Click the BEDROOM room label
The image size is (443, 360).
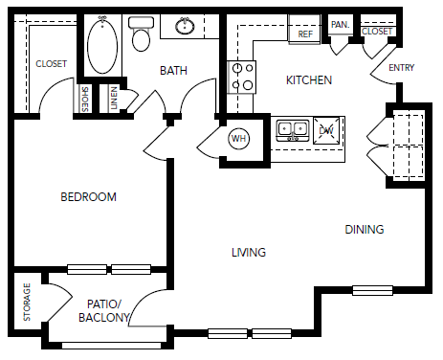point(88,197)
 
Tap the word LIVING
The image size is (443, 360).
point(249,253)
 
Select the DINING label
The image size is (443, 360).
point(365,230)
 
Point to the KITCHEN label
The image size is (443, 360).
point(309,80)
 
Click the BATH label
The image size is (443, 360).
point(173,71)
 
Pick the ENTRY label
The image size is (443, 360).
point(402,68)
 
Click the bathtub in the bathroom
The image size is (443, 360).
point(102,45)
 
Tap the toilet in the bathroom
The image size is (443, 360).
point(141,34)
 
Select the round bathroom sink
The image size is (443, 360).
point(185,26)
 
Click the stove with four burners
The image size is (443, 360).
point(241,77)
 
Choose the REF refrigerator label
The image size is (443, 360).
point(305,34)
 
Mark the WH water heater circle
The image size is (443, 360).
point(239,139)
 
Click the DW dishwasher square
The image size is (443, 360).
point(326,130)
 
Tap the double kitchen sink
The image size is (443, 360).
point(293,130)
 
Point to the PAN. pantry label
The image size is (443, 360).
point(341,25)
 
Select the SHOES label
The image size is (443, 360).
point(85,100)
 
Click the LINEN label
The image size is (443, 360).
point(113,99)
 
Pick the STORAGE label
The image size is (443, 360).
point(27,302)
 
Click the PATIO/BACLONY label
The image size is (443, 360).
point(104,311)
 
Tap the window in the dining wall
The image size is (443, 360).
point(372,290)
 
